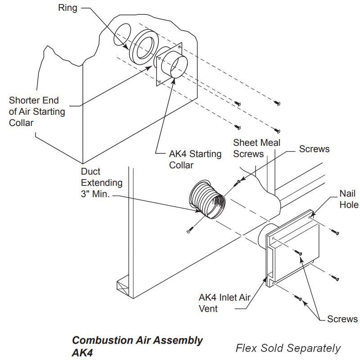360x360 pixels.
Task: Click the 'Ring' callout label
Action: [x=67, y=8]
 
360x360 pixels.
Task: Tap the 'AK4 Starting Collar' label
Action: [x=195, y=159]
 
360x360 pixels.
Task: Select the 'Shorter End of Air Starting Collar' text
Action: [x=37, y=112]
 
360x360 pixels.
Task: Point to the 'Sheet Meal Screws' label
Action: [x=256, y=148]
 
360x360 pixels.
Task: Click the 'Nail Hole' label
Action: [x=349, y=199]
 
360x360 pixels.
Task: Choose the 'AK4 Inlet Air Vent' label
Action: [x=225, y=303]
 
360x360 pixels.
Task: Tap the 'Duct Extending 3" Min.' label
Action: [x=102, y=183]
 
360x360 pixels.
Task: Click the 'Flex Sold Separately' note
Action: [x=288, y=348]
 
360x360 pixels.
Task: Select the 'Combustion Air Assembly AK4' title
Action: [x=137, y=346]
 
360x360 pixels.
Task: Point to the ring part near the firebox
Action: [x=144, y=47]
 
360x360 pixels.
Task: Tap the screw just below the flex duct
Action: [x=190, y=230]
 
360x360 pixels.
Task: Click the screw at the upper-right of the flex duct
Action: [x=237, y=183]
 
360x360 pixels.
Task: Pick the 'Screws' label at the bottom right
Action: [x=342, y=319]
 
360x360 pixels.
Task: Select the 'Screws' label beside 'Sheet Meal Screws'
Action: [x=314, y=149]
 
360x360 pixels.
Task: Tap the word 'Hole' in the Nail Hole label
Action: [x=349, y=205]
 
